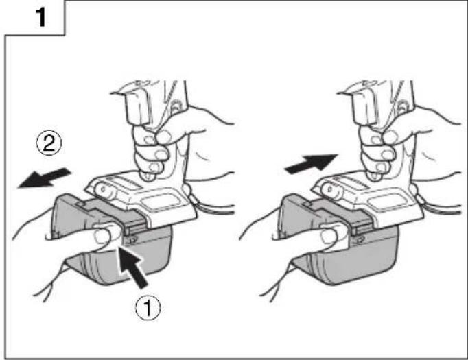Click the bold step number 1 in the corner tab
pos(41,17)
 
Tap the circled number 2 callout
pos(49,143)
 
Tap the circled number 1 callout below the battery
pos(148,308)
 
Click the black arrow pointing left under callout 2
pos(44,178)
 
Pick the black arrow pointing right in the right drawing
pos(312,163)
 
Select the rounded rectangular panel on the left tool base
pos(159,202)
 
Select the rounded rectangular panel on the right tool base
pos(386,202)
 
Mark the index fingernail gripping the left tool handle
pos(163,137)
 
